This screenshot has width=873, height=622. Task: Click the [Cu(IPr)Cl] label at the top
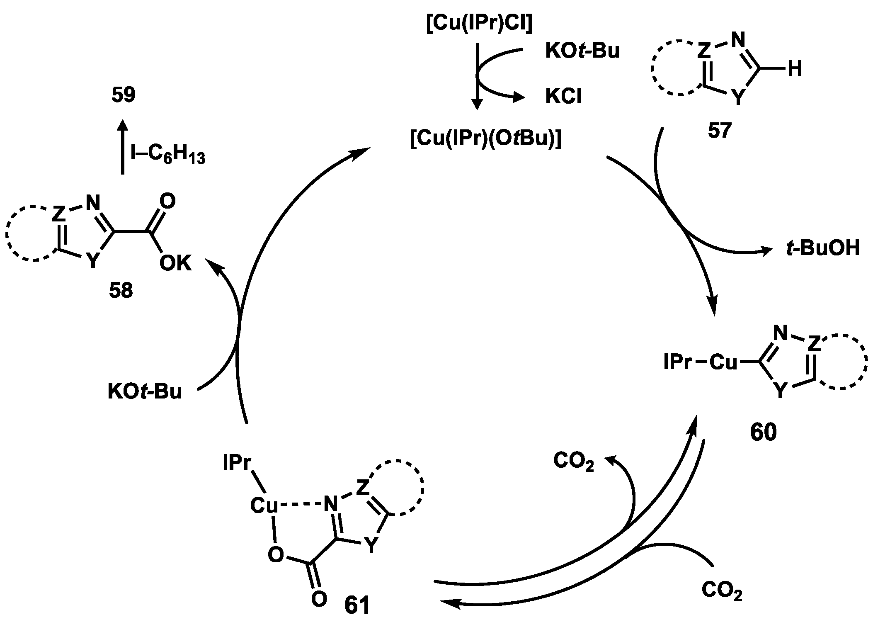pyautogui.click(x=479, y=24)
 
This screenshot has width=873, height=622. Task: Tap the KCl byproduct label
pyautogui.click(x=563, y=97)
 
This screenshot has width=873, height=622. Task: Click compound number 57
pyautogui.click(x=719, y=130)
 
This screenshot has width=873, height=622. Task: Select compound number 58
pyautogui.click(x=121, y=291)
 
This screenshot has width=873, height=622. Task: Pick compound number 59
pyautogui.click(x=124, y=95)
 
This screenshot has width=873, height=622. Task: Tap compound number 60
pyautogui.click(x=763, y=432)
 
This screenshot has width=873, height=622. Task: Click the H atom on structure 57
pyautogui.click(x=795, y=69)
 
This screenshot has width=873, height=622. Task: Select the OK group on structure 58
pyautogui.click(x=176, y=264)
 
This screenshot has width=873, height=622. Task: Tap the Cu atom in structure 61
pyautogui.click(x=264, y=505)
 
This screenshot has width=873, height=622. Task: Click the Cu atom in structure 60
pyautogui.click(x=724, y=362)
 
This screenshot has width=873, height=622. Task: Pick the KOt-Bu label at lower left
pyautogui.click(x=145, y=391)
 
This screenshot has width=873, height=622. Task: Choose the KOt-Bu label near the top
pyautogui.click(x=582, y=51)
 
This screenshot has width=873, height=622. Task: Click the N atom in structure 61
pyautogui.click(x=330, y=505)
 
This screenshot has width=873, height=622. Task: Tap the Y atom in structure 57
pyautogui.click(x=738, y=98)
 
